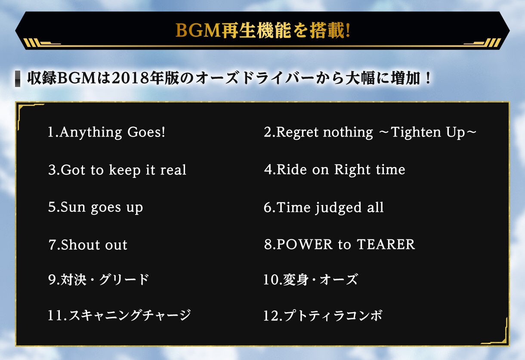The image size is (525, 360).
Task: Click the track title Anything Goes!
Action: [x=106, y=132]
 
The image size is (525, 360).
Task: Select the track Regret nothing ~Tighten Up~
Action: [x=370, y=132]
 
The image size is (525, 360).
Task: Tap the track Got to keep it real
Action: [x=117, y=170]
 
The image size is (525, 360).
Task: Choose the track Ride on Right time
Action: [x=334, y=170]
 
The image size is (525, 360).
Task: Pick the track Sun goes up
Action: [x=96, y=208]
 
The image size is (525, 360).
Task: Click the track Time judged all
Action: [x=324, y=208]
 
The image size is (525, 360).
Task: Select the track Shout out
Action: [x=88, y=245]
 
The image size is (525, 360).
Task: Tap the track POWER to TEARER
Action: [x=339, y=245]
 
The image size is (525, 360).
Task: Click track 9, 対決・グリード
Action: [x=99, y=280]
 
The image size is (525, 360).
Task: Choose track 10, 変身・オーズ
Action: [x=310, y=280]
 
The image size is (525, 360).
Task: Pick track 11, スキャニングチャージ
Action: [x=119, y=316]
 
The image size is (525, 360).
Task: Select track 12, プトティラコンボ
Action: [x=323, y=316]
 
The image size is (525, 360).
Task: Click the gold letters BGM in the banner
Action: [x=198, y=31]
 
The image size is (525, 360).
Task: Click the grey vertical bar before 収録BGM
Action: [x=18, y=79]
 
